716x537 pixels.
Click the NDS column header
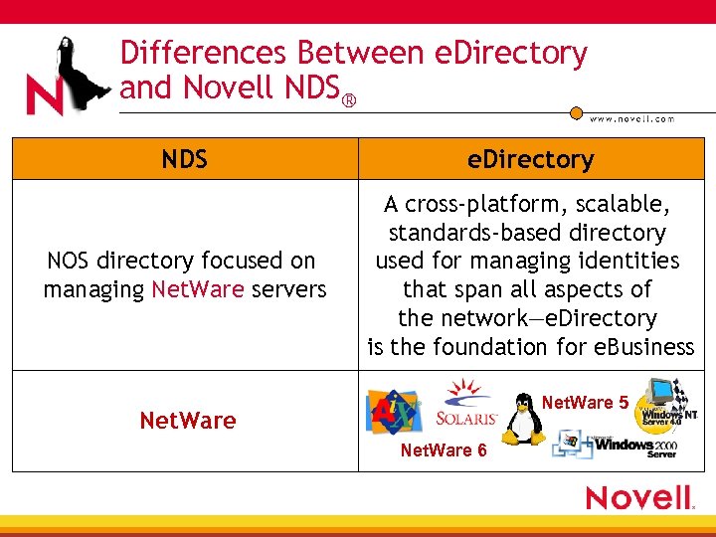[x=185, y=159]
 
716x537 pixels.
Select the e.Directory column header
[x=531, y=159]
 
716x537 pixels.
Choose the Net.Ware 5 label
[x=585, y=403]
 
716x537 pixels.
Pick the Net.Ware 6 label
[x=444, y=450]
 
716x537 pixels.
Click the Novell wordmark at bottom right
[x=638, y=497]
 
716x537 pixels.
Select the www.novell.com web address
[x=631, y=118]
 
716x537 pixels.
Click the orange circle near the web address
[x=576, y=113]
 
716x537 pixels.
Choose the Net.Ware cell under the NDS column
[x=188, y=421]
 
